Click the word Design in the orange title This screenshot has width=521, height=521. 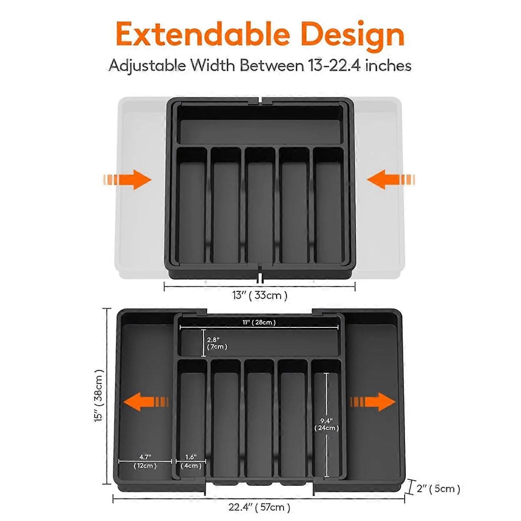[352, 35]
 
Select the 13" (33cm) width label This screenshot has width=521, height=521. [260, 295]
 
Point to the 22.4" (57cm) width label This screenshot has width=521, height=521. [260, 507]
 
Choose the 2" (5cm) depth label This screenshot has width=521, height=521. [438, 488]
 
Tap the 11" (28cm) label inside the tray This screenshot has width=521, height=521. [259, 322]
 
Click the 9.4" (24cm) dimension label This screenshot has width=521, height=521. [326, 424]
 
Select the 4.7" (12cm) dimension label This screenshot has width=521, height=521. [145, 461]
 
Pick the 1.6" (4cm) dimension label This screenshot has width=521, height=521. [191, 461]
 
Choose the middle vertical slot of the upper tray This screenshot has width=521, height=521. [260, 208]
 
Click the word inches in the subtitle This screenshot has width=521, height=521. [388, 66]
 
